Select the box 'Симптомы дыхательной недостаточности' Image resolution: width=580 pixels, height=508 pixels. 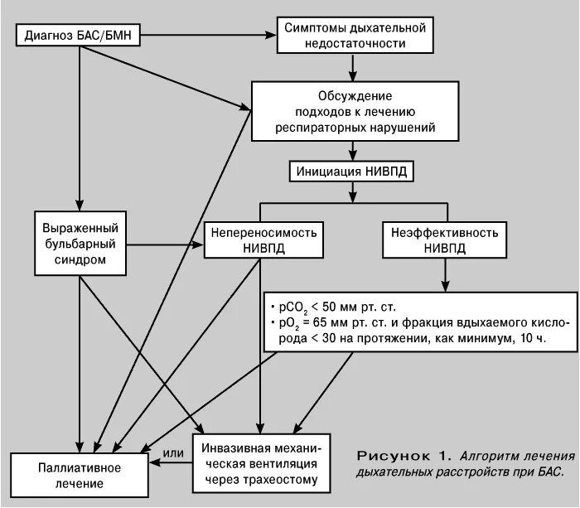coord(354,35)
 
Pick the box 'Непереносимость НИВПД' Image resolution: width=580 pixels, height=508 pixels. coord(262,239)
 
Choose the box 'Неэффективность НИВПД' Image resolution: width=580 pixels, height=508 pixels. coord(445,239)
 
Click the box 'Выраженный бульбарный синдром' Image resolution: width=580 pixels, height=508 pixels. coord(80,243)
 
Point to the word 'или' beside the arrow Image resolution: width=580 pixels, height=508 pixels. coord(172,452)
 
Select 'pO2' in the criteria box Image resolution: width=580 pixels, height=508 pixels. coord(289,322)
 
